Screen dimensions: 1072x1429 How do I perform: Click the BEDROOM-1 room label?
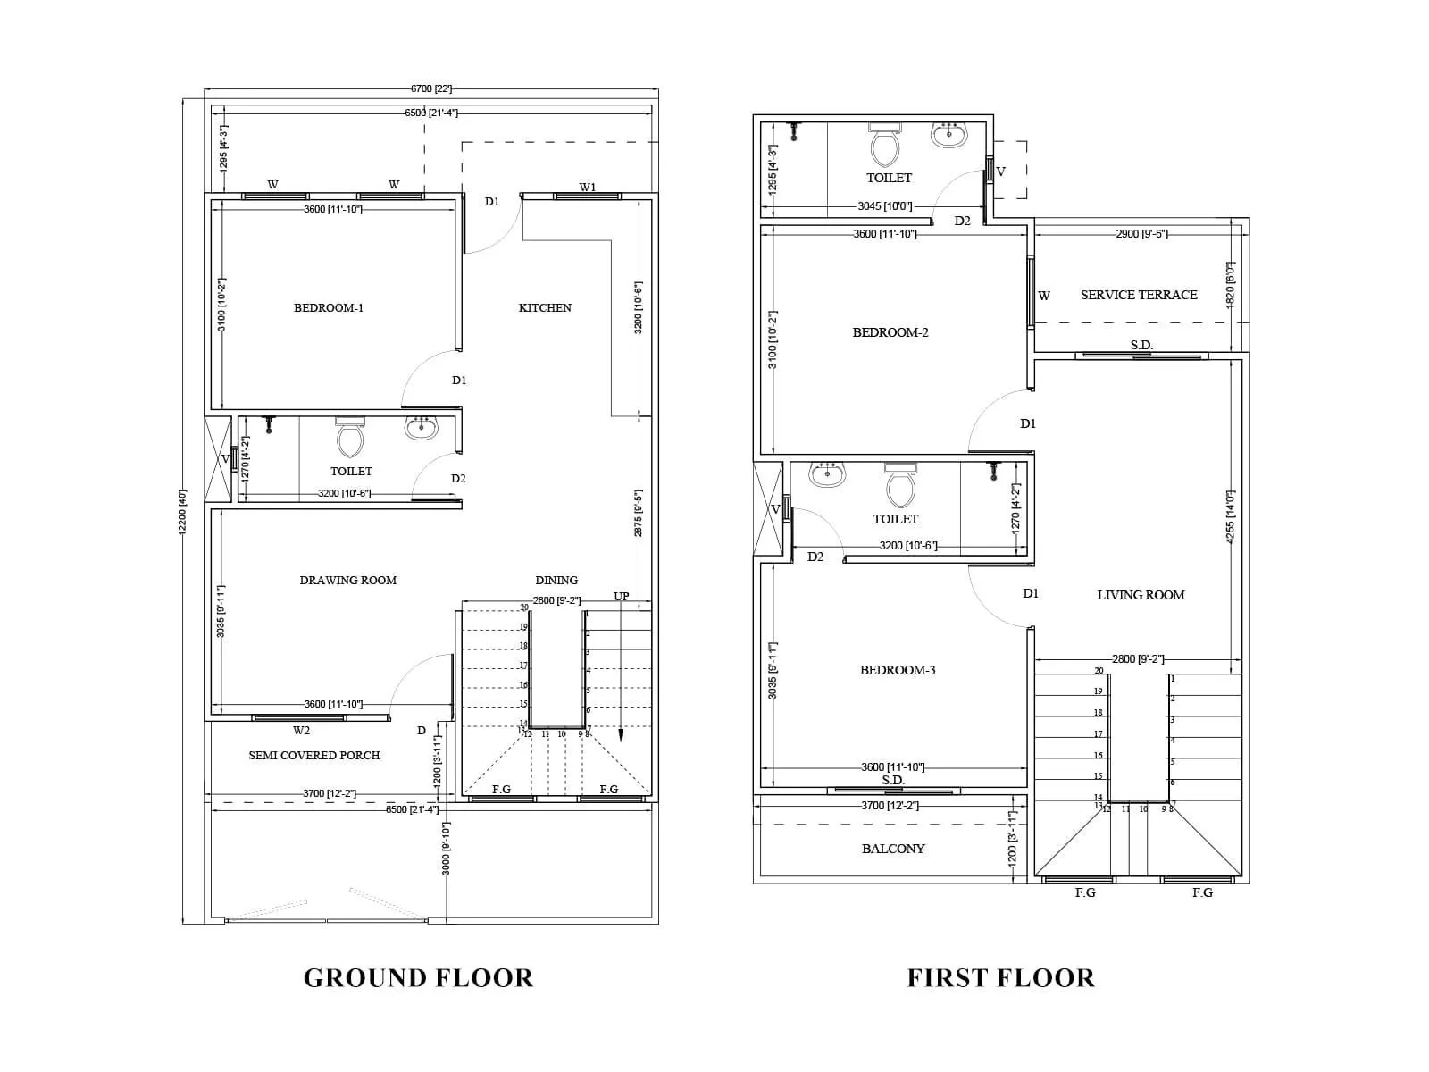point(329,308)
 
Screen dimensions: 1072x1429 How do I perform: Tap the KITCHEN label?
point(545,307)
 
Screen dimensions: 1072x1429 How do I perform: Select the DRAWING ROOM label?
point(347,580)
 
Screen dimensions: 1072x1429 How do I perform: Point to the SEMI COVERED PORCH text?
point(314,755)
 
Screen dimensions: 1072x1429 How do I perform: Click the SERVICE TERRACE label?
point(1139,295)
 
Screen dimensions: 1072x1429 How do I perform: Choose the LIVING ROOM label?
point(1141,595)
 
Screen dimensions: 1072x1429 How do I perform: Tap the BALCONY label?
point(893,849)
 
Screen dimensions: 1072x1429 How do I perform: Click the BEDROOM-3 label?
point(898,670)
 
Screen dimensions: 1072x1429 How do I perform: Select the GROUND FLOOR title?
point(418,977)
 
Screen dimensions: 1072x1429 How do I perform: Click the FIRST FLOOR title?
point(1000,977)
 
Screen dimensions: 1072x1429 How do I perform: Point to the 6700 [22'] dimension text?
point(431,88)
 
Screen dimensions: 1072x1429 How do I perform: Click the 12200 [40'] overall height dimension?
point(183,511)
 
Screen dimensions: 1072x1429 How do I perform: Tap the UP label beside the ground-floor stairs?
point(622,596)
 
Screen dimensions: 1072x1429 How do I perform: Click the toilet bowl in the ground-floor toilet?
point(349,438)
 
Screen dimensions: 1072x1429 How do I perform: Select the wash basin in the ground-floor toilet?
point(422,428)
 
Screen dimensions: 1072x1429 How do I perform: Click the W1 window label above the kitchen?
point(587,187)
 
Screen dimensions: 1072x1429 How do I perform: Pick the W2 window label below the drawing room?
point(301,731)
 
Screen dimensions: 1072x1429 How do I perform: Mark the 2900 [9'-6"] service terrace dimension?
point(1141,233)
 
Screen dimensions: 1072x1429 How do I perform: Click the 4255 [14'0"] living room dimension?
point(1230,516)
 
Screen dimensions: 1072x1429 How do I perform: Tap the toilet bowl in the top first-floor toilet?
point(885,147)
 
